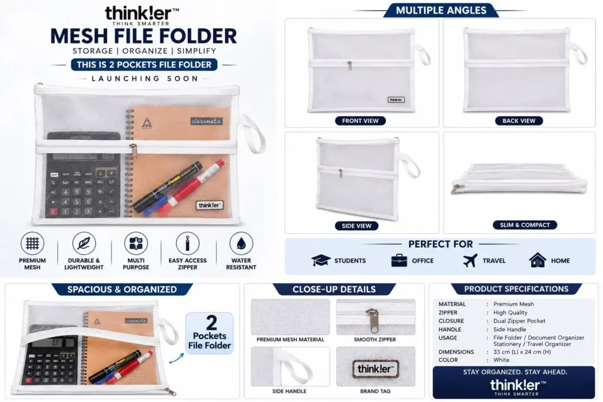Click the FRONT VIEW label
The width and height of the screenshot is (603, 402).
360,121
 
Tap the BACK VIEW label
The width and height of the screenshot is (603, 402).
519,121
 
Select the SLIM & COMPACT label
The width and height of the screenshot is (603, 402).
525,225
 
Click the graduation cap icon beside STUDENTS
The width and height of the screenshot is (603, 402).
321,260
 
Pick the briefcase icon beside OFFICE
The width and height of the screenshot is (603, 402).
399,260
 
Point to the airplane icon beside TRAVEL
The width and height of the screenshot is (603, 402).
470,260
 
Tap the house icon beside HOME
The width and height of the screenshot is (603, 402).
537,260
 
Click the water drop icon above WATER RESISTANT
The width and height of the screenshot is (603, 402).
241,243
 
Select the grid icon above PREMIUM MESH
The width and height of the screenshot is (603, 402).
32,243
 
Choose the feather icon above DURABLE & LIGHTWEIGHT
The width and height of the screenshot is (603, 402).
84,243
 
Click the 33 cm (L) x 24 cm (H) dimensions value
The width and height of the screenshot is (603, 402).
522,351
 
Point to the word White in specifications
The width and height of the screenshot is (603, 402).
501,360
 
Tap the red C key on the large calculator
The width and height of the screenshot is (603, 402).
54,211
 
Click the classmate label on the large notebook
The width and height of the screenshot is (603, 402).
206,121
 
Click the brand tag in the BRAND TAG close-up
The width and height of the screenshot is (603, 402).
375,369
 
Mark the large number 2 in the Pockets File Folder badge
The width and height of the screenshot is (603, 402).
211,323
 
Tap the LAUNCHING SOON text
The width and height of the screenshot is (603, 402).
145,79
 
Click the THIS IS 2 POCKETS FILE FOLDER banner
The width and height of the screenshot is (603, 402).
144,65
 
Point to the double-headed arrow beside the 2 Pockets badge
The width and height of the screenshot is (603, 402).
177,358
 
